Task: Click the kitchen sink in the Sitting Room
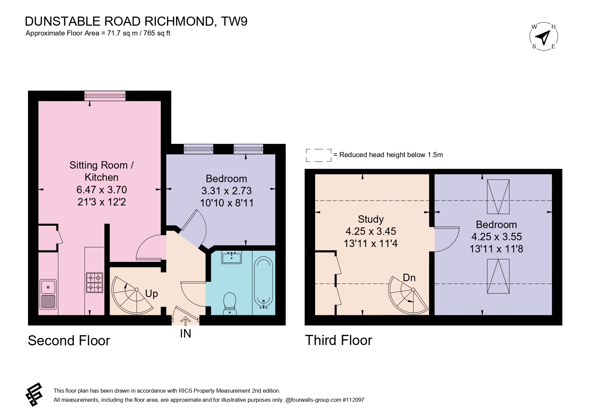48,294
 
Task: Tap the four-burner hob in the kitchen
94,282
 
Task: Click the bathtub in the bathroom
264,282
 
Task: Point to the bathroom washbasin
231,257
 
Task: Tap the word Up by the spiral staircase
151,294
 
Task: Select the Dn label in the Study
409,278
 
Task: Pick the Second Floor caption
69,340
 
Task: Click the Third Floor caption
338,340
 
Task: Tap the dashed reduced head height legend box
319,155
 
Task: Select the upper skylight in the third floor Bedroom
498,197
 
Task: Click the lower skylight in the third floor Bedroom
498,276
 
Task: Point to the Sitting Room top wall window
105,96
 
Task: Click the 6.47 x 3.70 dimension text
102,190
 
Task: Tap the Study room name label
371,219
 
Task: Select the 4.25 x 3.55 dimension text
496,237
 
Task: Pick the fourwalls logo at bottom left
34,395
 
